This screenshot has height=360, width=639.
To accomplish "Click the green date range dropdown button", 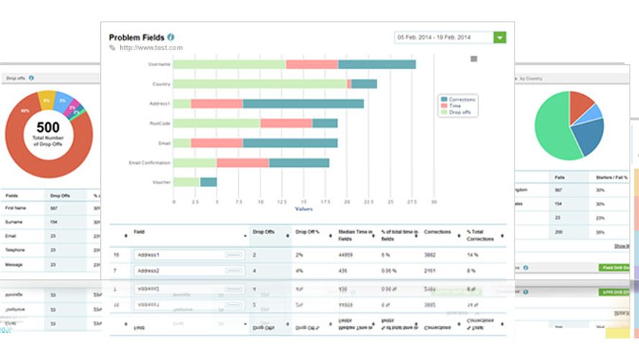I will (x=499, y=37).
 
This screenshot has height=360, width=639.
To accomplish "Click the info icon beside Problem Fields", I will (x=171, y=37).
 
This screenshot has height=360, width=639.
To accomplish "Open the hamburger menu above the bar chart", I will (x=473, y=59).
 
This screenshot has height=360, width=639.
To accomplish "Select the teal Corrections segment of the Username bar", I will (x=376, y=64).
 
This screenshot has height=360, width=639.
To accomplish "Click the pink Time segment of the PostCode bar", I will (x=286, y=123).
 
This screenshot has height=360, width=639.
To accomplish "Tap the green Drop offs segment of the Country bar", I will (x=259, y=84).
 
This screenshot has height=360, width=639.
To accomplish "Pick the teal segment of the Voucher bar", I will (x=208, y=182).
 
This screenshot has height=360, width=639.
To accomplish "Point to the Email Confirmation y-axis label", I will (x=150, y=163).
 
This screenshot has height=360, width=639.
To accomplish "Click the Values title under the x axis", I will (x=304, y=210).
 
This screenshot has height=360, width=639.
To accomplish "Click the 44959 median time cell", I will (x=348, y=255).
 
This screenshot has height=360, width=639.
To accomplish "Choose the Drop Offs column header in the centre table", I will (x=263, y=233).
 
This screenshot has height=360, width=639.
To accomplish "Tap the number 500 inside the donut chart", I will (x=49, y=127).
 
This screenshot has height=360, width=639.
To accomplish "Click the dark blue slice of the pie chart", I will (x=586, y=137).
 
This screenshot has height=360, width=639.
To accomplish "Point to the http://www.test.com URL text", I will (x=151, y=48).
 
